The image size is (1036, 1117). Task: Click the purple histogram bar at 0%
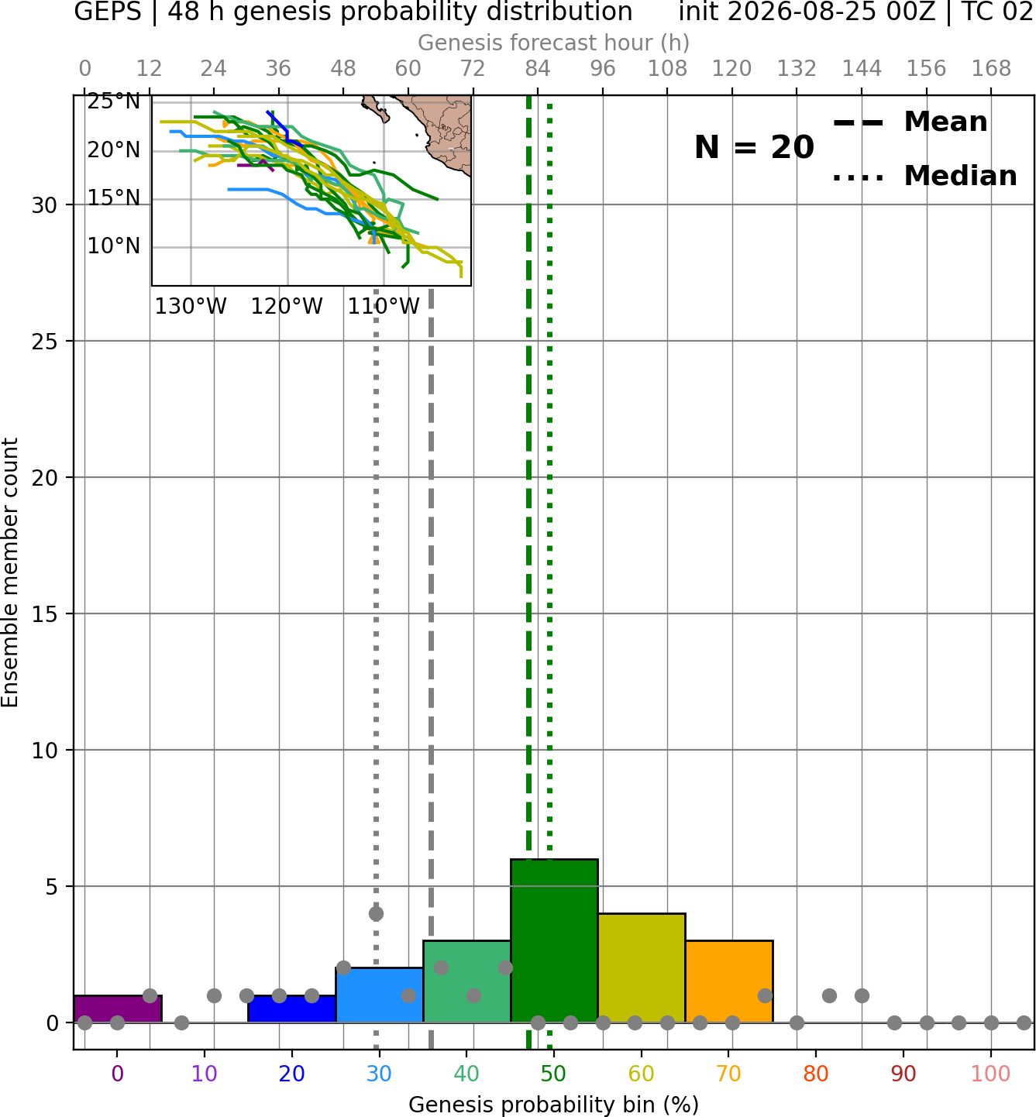point(118,1009)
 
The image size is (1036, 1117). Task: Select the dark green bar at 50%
point(554,941)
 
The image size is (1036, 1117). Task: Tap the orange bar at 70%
point(729,981)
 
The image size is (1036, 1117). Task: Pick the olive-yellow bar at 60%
point(642,968)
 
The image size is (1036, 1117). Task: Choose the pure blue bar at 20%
point(292,1009)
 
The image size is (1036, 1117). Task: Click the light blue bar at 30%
point(380,995)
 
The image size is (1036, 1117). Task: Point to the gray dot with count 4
point(376,914)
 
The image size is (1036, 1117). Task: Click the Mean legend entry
point(910,122)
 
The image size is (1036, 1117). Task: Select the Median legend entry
point(924,176)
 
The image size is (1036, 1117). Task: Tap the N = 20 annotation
point(754,147)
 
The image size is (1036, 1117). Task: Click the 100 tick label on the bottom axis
point(991,1074)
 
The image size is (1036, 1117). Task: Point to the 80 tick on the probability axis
point(816,1074)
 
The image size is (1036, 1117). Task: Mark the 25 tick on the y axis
point(45,342)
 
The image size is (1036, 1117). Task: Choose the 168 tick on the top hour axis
point(992,69)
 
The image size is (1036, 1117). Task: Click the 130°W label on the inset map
point(191,307)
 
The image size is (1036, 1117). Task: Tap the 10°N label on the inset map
point(114,246)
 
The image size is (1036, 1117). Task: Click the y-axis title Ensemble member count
point(9,573)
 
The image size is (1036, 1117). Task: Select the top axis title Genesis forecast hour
point(554,43)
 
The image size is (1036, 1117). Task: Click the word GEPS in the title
point(108,12)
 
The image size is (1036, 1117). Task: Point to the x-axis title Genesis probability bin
point(554,1105)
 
